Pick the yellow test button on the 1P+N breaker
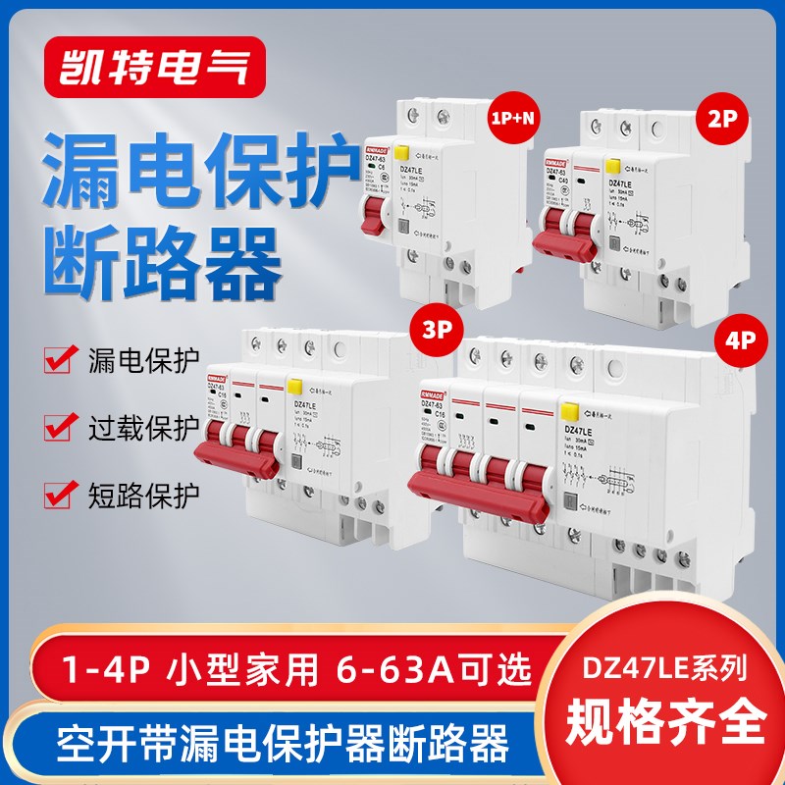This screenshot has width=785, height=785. pyautogui.click(x=402, y=153)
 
